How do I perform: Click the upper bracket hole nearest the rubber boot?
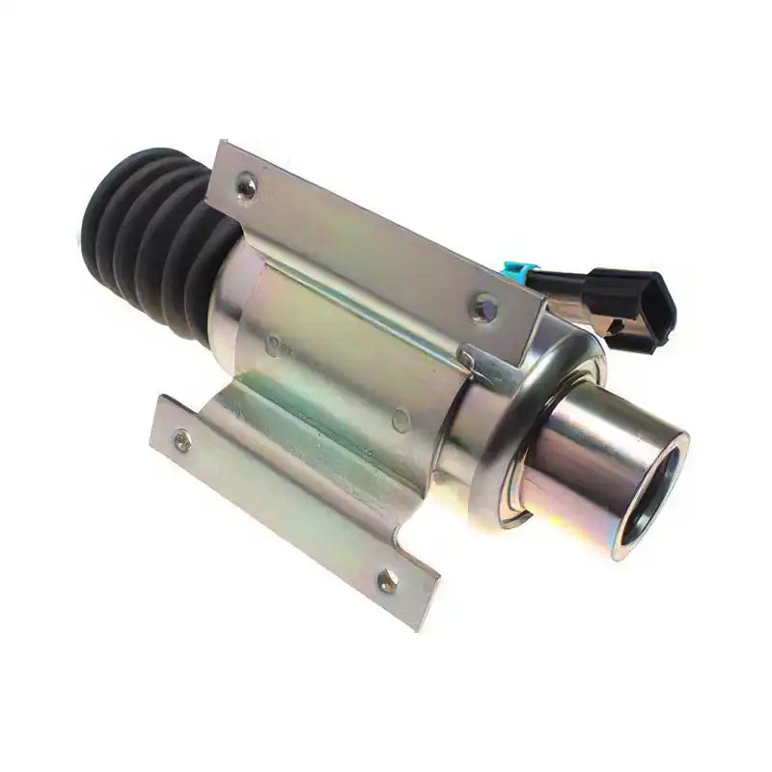[x=248, y=188]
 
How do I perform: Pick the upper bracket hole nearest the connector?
[x=483, y=308]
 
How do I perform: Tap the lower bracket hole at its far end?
[x=387, y=581]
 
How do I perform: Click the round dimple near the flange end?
[x=401, y=420]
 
